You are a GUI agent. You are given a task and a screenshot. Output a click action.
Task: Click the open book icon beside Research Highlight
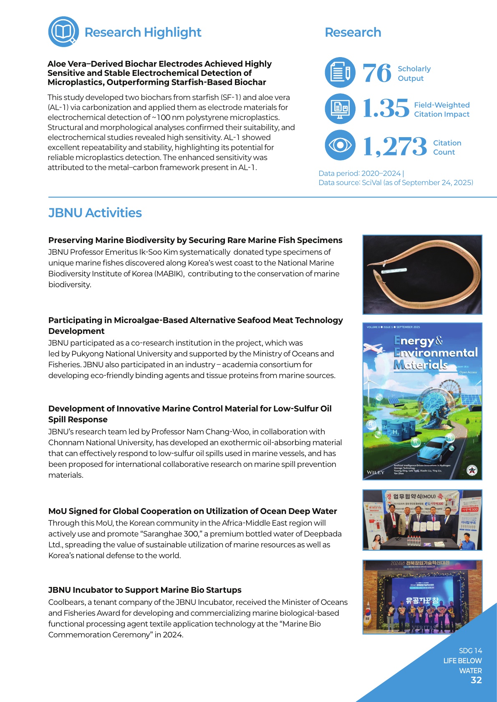pyautogui.click(x=63, y=32)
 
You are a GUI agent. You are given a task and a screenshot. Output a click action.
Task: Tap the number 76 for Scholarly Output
pyautogui.click(x=377, y=73)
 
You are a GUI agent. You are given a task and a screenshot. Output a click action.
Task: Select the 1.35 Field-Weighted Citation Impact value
pyautogui.click(x=386, y=109)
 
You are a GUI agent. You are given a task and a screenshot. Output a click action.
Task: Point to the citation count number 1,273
pyautogui.click(x=395, y=147)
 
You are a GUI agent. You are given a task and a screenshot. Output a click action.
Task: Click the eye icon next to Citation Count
pyautogui.click(x=340, y=145)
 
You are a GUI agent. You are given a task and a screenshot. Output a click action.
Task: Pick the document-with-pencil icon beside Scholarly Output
pyautogui.click(x=340, y=73)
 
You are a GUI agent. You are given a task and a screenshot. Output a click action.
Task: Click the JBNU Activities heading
pyautogui.click(x=95, y=213)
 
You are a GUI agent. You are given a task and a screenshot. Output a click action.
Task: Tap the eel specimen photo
pyautogui.click(x=422, y=274)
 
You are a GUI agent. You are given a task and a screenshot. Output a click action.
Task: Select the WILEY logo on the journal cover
pyautogui.click(x=375, y=472)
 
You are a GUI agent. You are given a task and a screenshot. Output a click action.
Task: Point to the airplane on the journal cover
pyautogui.click(x=378, y=348)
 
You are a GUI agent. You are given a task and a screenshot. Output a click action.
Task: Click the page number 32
pyautogui.click(x=476, y=680)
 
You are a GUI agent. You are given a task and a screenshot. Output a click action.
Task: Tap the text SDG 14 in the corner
pyautogui.click(x=470, y=651)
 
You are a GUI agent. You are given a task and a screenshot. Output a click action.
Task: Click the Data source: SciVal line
pyautogui.click(x=396, y=183)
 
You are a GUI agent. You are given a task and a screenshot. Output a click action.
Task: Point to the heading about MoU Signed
pyautogui.click(x=192, y=511)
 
